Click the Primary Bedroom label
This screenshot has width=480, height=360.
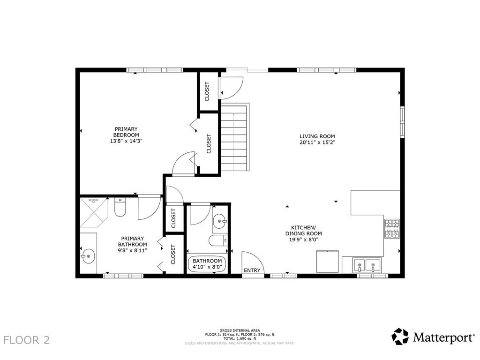(x=126, y=132)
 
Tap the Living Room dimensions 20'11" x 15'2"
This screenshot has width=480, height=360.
(x=317, y=142)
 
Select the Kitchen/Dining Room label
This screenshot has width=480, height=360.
(x=303, y=231)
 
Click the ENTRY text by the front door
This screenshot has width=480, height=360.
(x=252, y=270)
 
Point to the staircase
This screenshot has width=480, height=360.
(x=234, y=137)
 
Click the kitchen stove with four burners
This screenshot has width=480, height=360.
(x=392, y=229)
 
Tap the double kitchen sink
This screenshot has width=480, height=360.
(x=367, y=265)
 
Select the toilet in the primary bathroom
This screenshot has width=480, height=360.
(x=120, y=207)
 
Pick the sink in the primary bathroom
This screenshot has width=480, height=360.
(x=88, y=255)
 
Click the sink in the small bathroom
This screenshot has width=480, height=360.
(x=220, y=220)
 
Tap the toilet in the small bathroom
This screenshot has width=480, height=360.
(x=218, y=240)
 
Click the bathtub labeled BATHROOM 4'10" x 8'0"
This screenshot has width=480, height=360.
(x=207, y=263)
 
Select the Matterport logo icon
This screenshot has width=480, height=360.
(x=400, y=337)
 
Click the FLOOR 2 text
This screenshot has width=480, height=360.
(x=27, y=340)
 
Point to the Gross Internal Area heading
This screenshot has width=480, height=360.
(x=240, y=330)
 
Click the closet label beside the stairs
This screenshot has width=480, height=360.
(x=209, y=143)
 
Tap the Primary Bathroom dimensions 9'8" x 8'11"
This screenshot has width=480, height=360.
(x=133, y=250)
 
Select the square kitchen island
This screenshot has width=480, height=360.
(x=328, y=261)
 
